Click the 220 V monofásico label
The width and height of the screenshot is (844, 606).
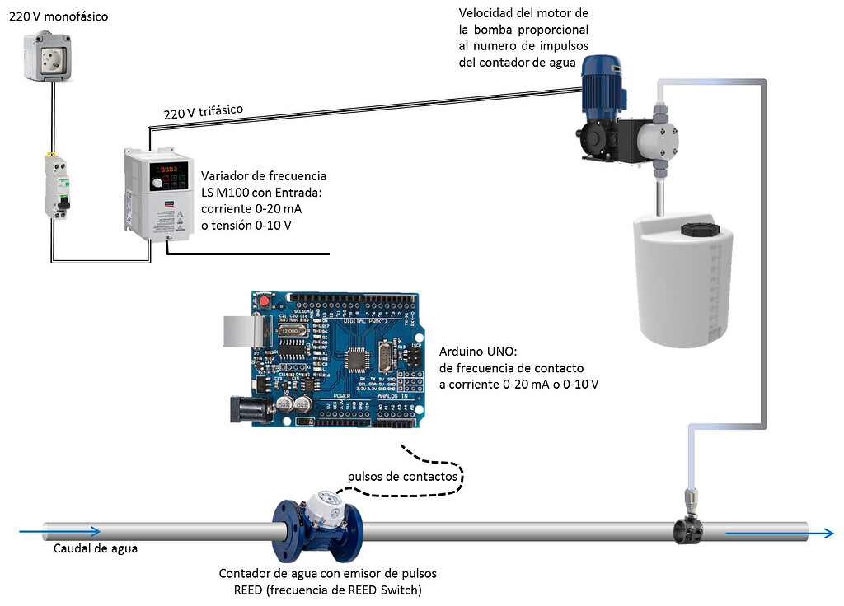coord(59,16)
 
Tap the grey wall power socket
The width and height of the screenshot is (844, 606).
coord(48,57)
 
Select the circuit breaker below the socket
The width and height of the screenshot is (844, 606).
coord(57,186)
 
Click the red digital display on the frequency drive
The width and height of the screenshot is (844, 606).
coord(169,169)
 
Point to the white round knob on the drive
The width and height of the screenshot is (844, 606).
coord(157,183)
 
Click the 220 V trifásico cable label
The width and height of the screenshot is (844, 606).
coord(204,112)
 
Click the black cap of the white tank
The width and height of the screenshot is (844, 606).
coord(701,230)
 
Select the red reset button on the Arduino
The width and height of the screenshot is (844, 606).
coord(263,300)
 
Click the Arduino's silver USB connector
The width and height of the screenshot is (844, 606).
coord(244,331)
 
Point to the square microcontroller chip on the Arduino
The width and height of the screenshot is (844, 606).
coord(356,359)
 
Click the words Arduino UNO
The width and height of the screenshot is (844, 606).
coord(478,352)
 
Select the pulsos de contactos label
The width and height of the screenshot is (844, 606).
coord(402,477)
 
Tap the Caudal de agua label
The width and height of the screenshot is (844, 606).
coord(96,548)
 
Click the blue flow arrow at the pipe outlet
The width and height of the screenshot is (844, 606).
coord(780,534)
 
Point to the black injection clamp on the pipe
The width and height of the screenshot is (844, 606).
coord(689,529)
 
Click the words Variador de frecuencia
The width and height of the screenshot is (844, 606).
coord(264,176)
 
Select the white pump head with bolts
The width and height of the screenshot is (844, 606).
coord(658,142)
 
